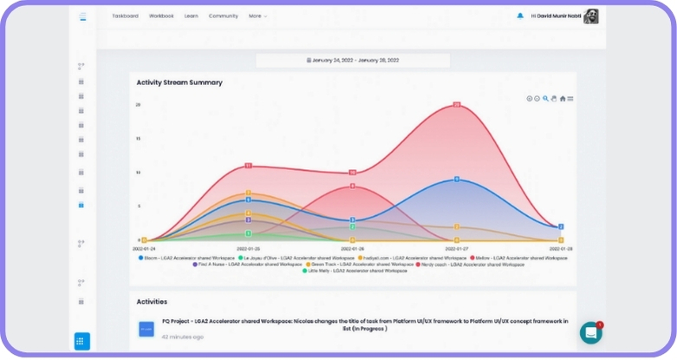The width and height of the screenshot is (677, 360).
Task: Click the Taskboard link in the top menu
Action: pos(125,16)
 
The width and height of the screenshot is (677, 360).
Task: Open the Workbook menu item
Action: pos(161,16)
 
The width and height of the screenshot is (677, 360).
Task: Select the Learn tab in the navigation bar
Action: pos(191,16)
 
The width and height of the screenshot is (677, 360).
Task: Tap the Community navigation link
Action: pos(223,16)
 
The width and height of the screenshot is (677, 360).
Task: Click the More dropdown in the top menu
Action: pos(257,16)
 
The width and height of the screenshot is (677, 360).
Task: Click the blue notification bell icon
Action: pos(520,16)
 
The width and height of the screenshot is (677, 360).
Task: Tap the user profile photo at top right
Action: pos(590,16)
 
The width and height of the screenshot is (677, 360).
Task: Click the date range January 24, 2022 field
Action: pos(352,61)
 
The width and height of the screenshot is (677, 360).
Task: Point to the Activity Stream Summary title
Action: pos(179,82)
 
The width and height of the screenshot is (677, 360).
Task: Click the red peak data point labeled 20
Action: pos(457,105)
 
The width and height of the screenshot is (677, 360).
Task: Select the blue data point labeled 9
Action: pos(457,180)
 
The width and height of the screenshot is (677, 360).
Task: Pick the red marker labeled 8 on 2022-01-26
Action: pos(352,187)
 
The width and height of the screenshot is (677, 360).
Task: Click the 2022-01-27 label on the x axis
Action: pos(457,248)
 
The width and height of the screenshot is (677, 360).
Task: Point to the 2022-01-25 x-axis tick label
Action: pos(248,248)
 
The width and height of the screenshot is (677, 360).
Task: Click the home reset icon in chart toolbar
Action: pos(563,99)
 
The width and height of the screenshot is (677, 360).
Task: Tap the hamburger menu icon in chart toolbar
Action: pos(570,99)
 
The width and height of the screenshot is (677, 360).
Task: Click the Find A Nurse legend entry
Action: pos(248,264)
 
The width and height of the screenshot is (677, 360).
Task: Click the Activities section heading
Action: pos(152,302)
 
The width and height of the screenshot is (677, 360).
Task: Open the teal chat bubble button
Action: pos(590,332)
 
